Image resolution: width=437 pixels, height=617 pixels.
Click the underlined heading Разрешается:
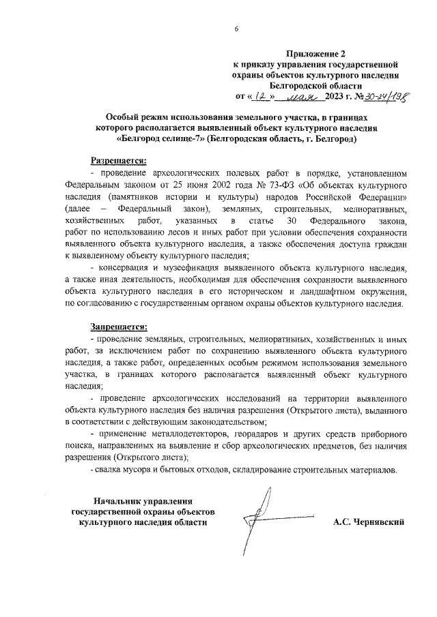(119, 161)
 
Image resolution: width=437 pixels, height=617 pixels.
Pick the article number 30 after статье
(292, 222)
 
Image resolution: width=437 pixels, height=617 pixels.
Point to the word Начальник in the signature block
(122, 500)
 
